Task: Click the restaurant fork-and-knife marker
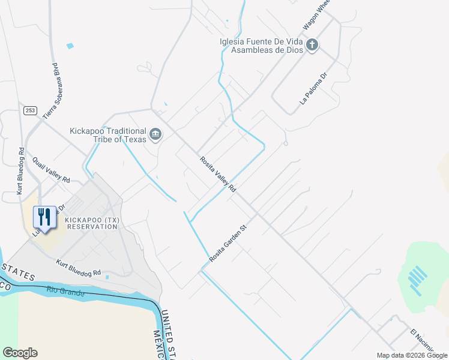[x=44, y=217]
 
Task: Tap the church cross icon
[x=312, y=45]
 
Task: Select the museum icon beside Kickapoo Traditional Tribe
[x=155, y=134]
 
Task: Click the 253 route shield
[x=30, y=111]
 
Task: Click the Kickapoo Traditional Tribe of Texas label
[x=108, y=135]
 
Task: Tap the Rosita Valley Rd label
[x=218, y=174]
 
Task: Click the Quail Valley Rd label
[x=52, y=171]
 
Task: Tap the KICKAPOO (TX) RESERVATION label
[x=92, y=223]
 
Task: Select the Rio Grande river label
[x=65, y=293]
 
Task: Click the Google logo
[x=20, y=353]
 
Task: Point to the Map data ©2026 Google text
[x=411, y=355]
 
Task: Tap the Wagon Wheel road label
[x=317, y=16]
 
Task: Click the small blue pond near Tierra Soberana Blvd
[x=70, y=46]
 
